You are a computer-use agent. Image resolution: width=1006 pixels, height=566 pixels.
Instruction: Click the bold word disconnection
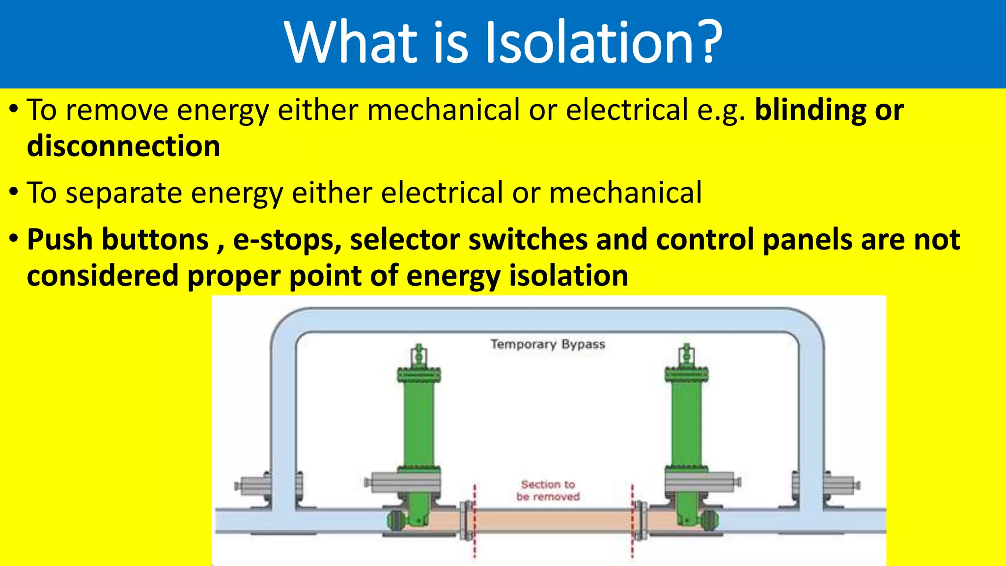click(123, 146)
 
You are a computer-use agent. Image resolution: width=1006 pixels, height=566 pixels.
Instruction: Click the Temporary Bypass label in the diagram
click(548, 344)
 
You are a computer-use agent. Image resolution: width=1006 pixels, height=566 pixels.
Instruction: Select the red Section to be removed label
click(548, 490)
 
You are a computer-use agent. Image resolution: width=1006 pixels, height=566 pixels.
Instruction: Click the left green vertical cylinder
click(418, 423)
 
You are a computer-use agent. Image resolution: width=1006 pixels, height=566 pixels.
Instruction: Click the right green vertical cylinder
click(686, 423)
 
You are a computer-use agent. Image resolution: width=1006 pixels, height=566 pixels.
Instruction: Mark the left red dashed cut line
click(475, 521)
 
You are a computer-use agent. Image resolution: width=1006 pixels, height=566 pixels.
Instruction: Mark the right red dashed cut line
click(632, 521)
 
